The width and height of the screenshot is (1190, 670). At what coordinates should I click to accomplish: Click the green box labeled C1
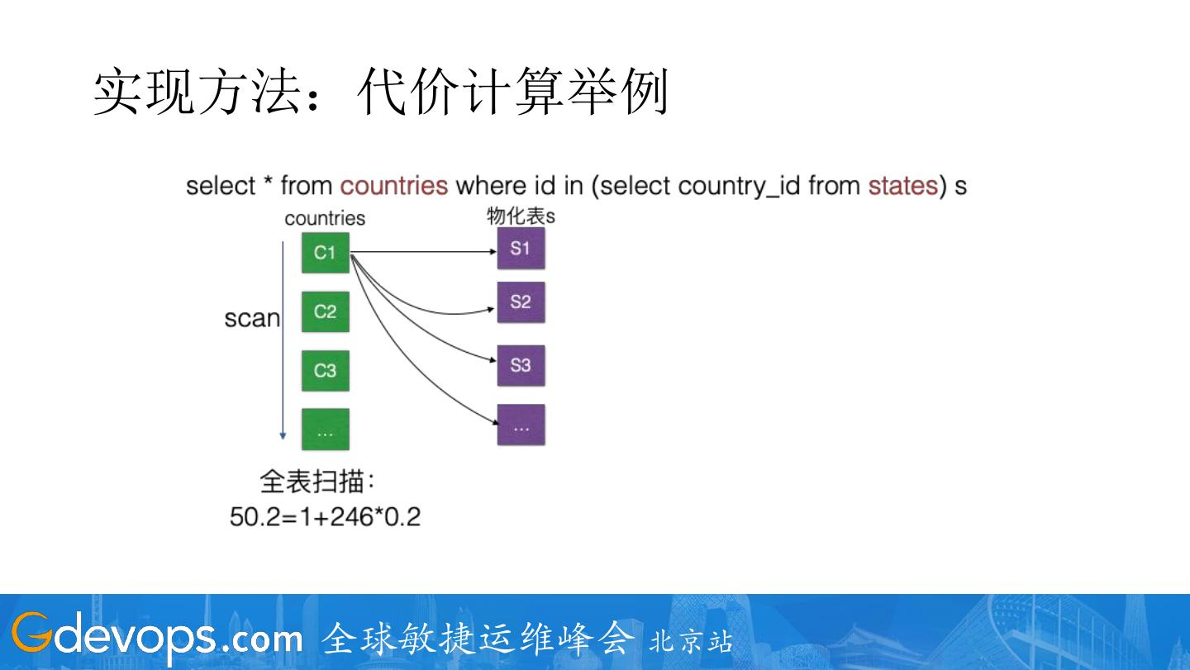pyautogui.click(x=325, y=252)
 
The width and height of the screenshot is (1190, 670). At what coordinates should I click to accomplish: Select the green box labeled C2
pyautogui.click(x=325, y=311)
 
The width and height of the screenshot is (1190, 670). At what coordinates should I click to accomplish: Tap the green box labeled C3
pyautogui.click(x=325, y=371)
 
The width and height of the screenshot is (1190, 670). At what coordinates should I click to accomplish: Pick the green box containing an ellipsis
pyautogui.click(x=325, y=430)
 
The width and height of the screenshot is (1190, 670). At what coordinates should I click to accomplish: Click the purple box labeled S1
pyautogui.click(x=521, y=248)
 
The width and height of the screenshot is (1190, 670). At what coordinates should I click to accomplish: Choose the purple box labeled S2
pyautogui.click(x=521, y=302)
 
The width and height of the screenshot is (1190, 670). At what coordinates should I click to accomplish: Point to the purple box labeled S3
pyautogui.click(x=521, y=365)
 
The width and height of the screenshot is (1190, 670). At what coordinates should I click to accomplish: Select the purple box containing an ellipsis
pyautogui.click(x=521, y=425)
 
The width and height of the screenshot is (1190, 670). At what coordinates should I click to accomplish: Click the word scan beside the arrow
pyautogui.click(x=252, y=318)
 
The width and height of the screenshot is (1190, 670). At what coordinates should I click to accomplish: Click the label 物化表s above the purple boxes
pyautogui.click(x=521, y=216)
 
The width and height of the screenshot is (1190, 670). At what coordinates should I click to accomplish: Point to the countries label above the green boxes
pyautogui.click(x=325, y=218)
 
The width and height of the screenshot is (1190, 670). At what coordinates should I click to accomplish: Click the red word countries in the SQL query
pyautogui.click(x=393, y=186)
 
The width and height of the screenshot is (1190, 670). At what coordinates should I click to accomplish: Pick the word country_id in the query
pyautogui.click(x=739, y=187)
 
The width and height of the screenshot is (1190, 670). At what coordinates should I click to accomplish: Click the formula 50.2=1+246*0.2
pyautogui.click(x=325, y=517)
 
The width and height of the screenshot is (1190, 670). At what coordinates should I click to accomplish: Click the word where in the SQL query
pyautogui.click(x=491, y=186)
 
